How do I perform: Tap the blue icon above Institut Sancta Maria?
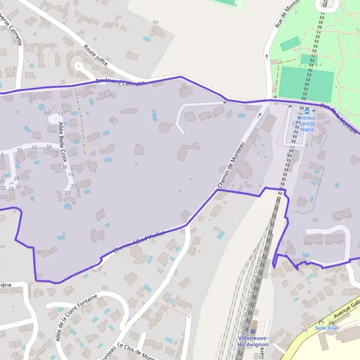[307, 111]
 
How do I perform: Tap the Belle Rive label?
[327, 328]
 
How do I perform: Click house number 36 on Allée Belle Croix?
[64, 167]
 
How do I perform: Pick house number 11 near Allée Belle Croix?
[60, 115]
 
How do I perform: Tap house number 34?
[49, 147]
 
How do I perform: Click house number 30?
[20, 150]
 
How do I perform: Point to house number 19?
[71, 175]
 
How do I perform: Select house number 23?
[68, 192]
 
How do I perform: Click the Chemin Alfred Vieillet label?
[137, 239]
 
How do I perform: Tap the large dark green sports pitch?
[306, 84]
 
